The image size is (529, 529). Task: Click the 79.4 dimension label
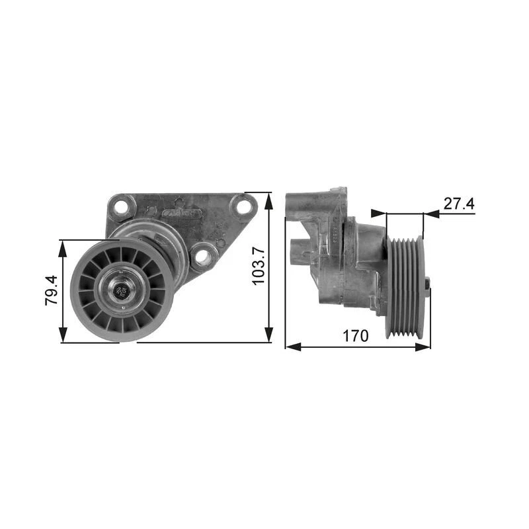[x=51, y=291]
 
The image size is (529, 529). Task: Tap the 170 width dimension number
[x=355, y=335]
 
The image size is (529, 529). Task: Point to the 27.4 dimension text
[x=459, y=204]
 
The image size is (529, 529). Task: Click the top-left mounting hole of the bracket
[x=120, y=208]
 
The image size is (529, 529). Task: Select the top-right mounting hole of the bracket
[x=244, y=206]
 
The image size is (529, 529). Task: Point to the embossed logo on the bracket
[x=181, y=214]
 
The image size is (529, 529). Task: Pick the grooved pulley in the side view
[x=404, y=286]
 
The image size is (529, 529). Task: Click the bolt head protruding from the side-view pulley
[x=428, y=285]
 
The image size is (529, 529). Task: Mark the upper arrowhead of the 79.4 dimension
[x=63, y=245]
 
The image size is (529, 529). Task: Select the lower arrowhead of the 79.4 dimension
[x=63, y=336]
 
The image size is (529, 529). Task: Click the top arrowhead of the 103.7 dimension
[x=268, y=198]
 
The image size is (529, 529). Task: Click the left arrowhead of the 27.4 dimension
[x=378, y=214]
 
